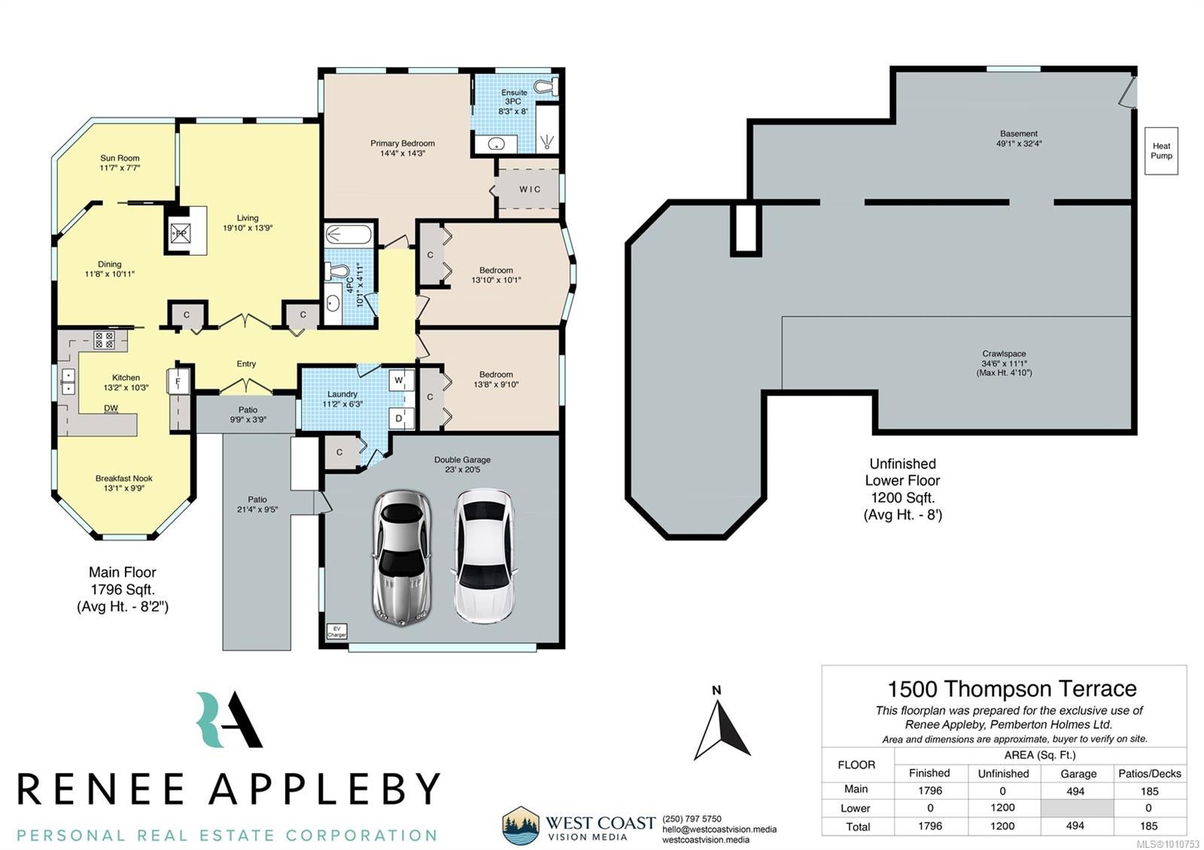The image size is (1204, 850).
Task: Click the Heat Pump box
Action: click(1161, 151)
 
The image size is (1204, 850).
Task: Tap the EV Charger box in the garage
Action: click(337, 631)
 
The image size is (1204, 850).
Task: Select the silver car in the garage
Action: click(402, 557)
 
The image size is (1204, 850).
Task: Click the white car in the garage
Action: click(485, 556)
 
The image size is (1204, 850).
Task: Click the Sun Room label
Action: click(120, 158)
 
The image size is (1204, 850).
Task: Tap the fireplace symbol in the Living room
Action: click(181, 234)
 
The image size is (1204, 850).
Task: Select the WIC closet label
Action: click(530, 189)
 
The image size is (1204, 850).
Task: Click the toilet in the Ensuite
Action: click(546, 87)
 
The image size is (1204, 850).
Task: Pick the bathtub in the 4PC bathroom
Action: click(348, 235)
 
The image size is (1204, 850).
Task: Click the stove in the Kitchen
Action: click(104, 339)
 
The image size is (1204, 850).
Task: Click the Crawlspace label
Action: click(1004, 354)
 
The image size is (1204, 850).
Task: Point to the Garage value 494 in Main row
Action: click(1075, 791)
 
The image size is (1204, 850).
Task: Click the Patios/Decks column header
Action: click(1150, 774)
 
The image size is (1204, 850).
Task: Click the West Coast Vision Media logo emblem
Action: click(520, 826)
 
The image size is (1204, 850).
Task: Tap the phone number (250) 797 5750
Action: click(692, 819)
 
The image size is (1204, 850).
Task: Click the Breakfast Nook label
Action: click(123, 478)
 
